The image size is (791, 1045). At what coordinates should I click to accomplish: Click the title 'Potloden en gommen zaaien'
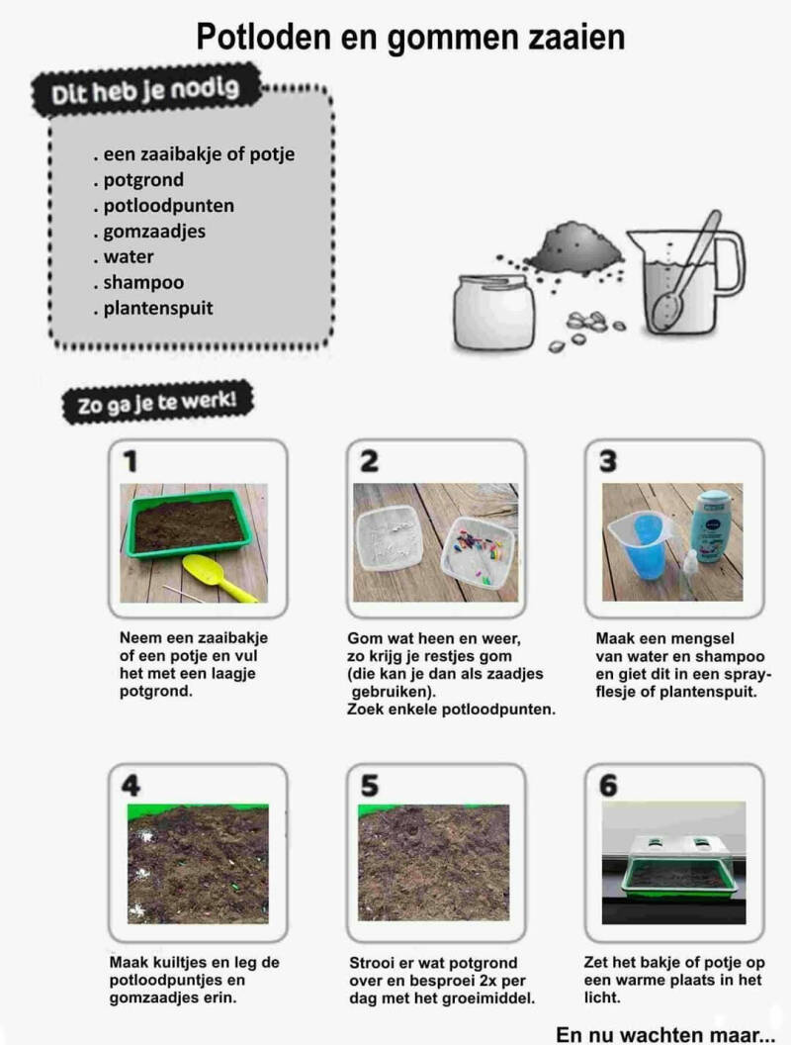pos(410,38)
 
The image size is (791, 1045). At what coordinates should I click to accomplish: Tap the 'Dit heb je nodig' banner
pos(145,91)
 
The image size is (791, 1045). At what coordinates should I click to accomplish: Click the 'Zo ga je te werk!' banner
pos(158,402)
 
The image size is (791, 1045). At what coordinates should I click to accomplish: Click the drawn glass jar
pos(493,312)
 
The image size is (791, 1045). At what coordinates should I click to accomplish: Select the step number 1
pos(131,460)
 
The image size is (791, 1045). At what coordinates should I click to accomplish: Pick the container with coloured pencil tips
pos(479,550)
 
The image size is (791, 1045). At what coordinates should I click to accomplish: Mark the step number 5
pos(369,786)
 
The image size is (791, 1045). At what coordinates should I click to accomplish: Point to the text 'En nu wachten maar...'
pos(664,1034)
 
